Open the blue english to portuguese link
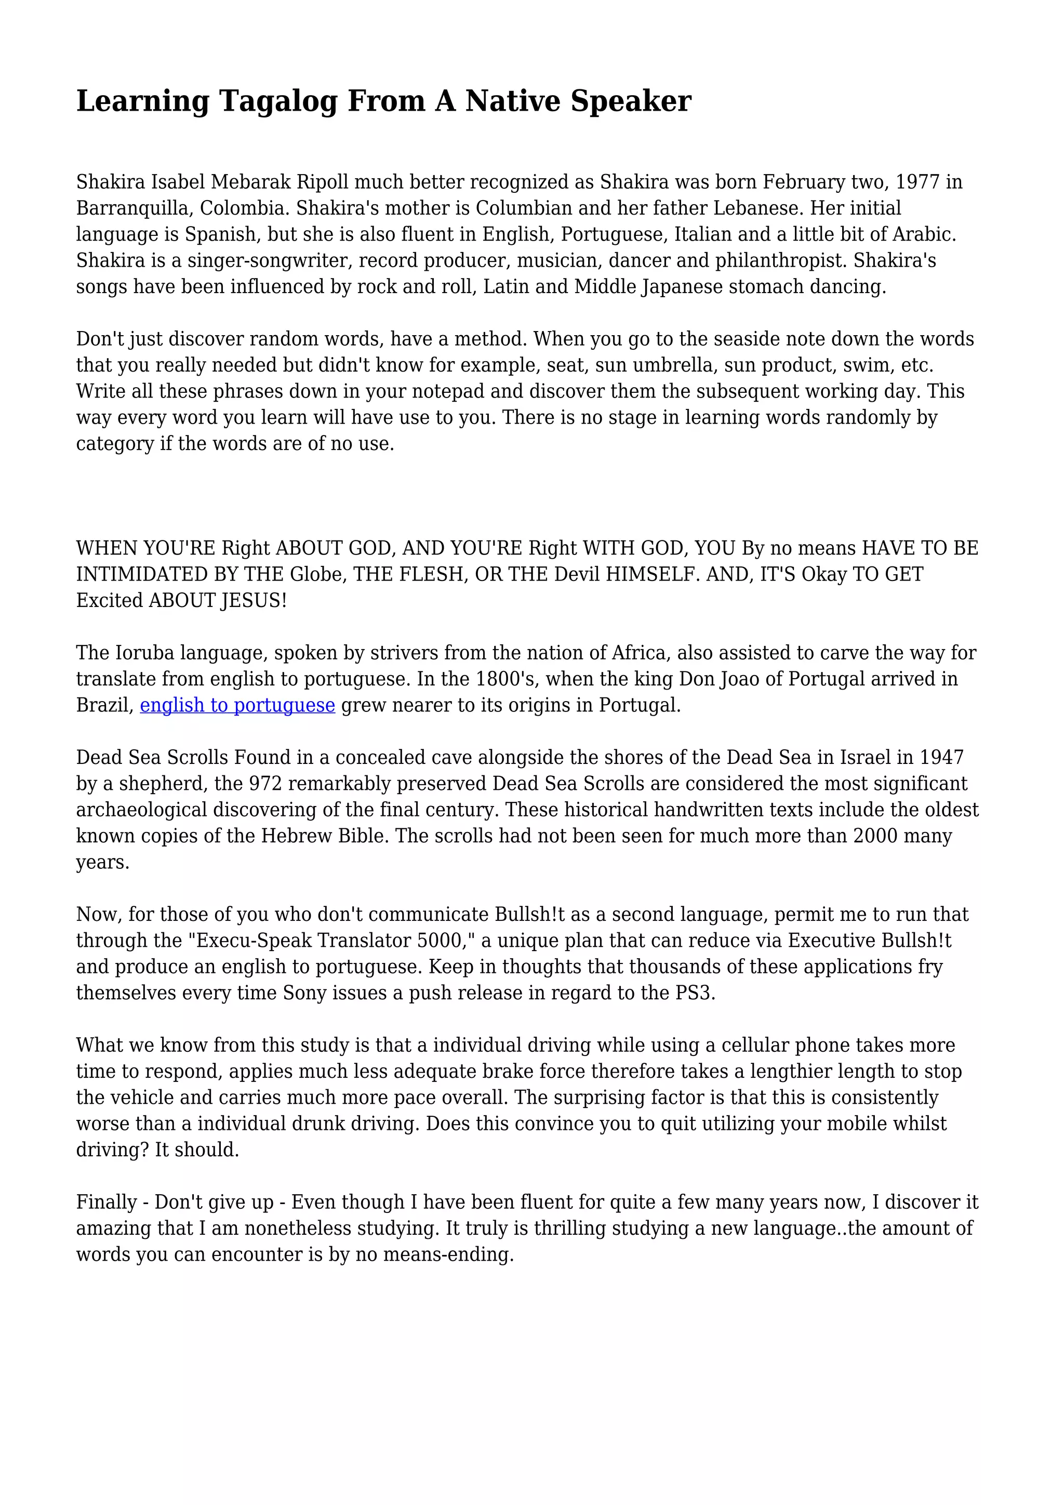point(237,705)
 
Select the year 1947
point(941,758)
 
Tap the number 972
point(264,784)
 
